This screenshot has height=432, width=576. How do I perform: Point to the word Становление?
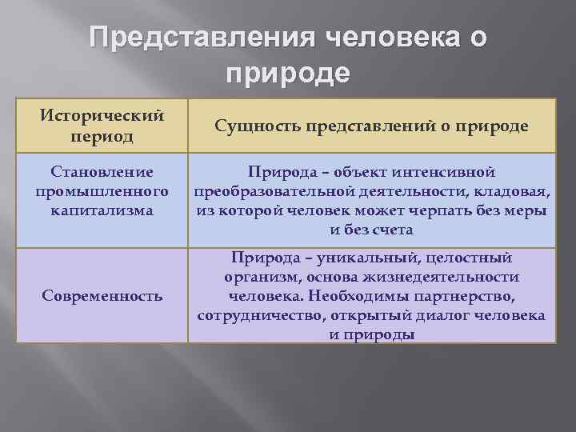[x=102, y=172]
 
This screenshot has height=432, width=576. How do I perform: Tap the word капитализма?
[x=102, y=210]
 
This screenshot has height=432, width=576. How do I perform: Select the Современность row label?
[x=102, y=296]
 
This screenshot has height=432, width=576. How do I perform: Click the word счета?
[x=392, y=230]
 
